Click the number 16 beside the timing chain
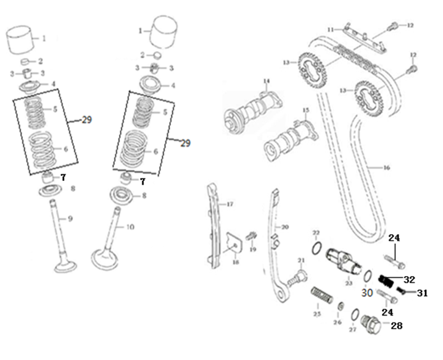click(x=386, y=167)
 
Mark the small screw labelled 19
click(x=250, y=236)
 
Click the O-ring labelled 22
click(x=315, y=249)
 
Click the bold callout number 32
click(x=410, y=278)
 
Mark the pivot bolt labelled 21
click(x=299, y=274)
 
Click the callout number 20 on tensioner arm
click(x=284, y=226)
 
